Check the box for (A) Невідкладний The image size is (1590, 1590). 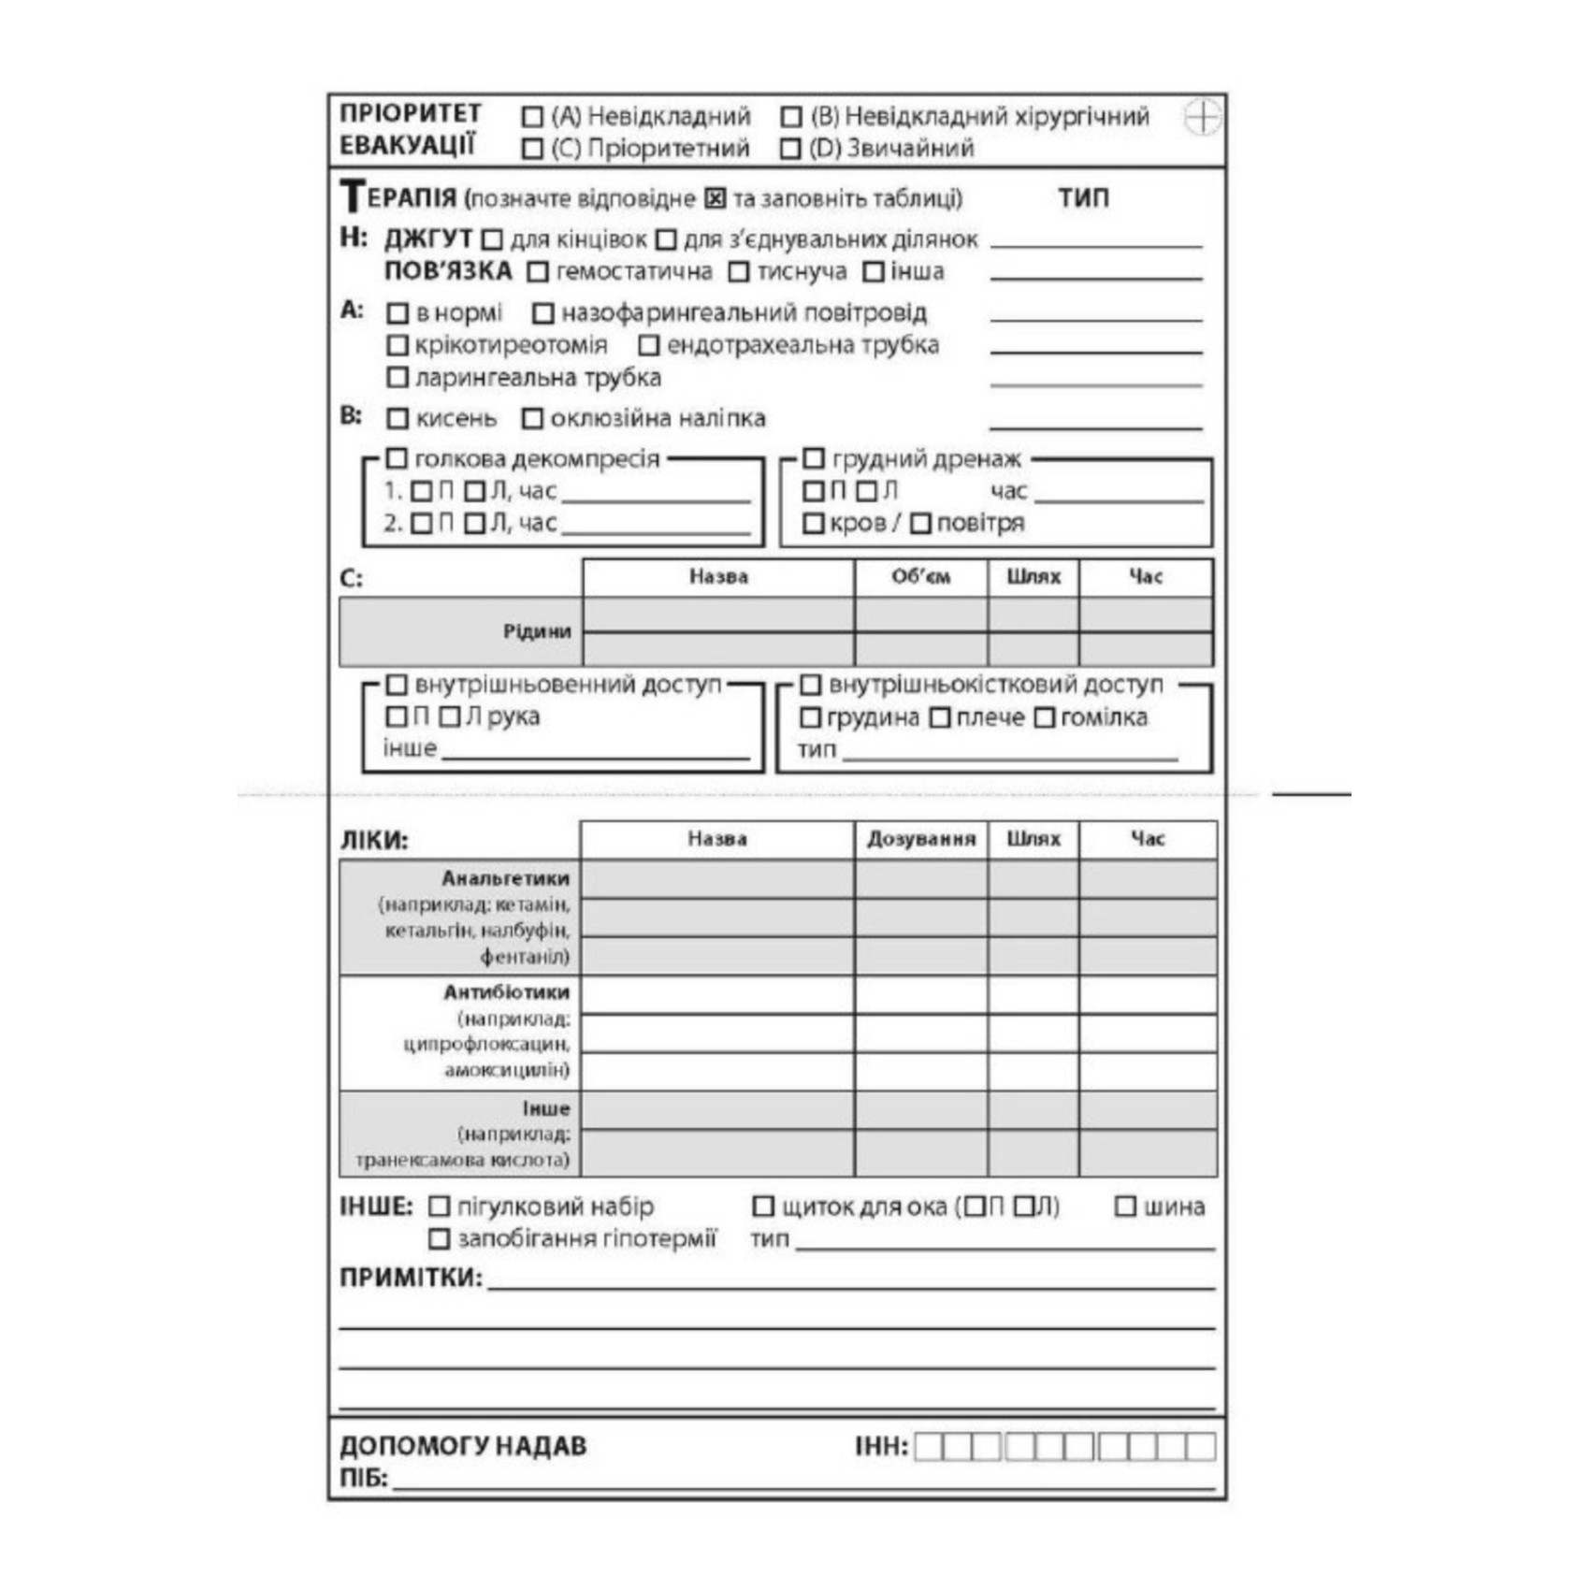(532, 117)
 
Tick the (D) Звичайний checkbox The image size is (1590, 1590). (790, 149)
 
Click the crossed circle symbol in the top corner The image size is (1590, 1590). (1203, 118)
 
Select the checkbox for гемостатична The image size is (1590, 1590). (537, 272)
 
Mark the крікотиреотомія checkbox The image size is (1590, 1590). (397, 345)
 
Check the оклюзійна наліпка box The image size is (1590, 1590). (532, 418)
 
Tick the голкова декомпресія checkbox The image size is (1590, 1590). (397, 458)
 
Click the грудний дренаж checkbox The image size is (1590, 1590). (814, 458)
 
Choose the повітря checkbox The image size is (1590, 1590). (920, 523)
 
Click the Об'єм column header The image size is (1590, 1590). (920, 577)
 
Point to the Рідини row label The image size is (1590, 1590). (536, 631)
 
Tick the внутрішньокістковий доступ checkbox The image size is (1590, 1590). (811, 685)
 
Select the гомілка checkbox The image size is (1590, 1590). (1045, 717)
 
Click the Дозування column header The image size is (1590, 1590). (920, 839)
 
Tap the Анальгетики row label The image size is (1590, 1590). (505, 878)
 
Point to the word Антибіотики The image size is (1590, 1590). (506, 991)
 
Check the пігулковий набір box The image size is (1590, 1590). (439, 1207)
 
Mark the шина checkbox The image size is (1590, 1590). (1125, 1207)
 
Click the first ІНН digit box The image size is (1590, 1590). (928, 1447)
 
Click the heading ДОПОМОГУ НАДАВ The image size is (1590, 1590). (463, 1446)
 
